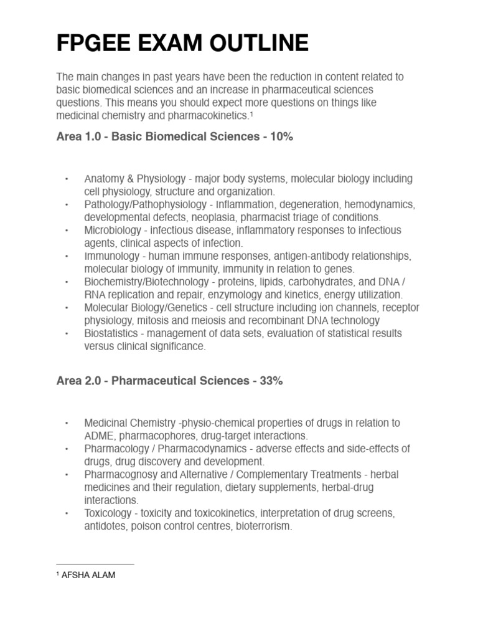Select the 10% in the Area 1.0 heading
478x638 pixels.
coord(281,137)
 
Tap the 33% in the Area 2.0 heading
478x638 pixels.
coord(271,381)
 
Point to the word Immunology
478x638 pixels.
coord(112,256)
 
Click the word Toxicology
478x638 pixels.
coord(108,513)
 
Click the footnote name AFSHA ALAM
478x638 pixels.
coord(88,575)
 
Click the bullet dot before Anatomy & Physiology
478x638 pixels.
coord(67,179)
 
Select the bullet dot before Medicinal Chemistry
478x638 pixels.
coord(67,424)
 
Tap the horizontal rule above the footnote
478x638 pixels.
coord(95,564)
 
